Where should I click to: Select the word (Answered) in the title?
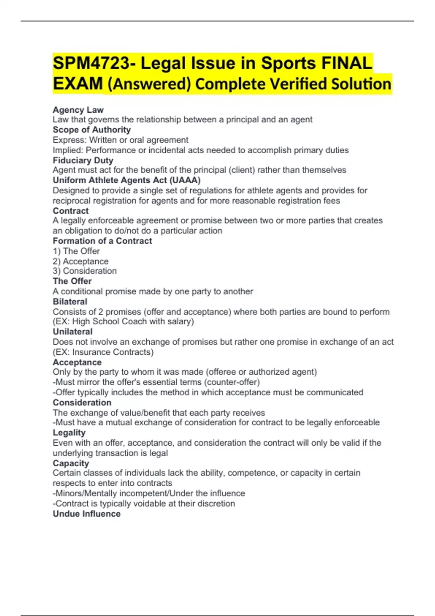[149, 84]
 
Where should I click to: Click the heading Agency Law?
[78, 110]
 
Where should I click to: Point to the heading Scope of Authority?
[92, 130]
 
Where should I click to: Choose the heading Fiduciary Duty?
[83, 160]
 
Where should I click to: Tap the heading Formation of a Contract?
[102, 241]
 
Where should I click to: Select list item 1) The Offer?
[76, 251]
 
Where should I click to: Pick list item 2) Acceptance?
[80, 261]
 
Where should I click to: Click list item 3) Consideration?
[85, 271]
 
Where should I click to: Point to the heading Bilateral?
[70, 301]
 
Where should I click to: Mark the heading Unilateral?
[72, 332]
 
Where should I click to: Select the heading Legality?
[69, 433]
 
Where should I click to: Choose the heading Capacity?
[71, 463]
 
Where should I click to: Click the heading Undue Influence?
[87, 514]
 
